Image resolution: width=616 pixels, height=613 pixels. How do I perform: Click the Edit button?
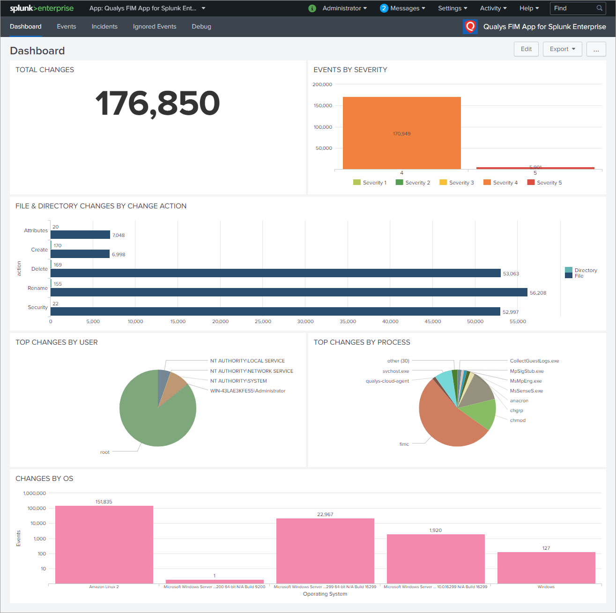tap(526, 49)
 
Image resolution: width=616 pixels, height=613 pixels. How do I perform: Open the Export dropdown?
tap(562, 49)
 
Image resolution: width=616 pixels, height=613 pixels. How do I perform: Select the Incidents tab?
tap(104, 27)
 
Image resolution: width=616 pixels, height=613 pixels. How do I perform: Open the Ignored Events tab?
tap(155, 27)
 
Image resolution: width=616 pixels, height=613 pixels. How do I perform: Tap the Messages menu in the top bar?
tap(403, 8)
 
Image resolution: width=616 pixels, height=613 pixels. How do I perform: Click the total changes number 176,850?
tap(157, 103)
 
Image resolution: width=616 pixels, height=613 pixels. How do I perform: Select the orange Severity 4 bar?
tap(401, 133)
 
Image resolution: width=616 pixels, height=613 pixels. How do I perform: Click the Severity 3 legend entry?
tap(457, 183)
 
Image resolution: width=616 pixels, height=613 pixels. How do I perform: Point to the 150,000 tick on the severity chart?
tap(323, 106)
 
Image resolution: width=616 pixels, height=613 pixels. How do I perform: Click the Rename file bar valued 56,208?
tap(289, 292)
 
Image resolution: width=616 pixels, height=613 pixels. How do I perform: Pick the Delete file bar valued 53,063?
tap(275, 273)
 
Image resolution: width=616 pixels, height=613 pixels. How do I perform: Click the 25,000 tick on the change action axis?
tap(263, 322)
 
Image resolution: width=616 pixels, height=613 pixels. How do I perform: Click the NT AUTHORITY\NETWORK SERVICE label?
tap(252, 371)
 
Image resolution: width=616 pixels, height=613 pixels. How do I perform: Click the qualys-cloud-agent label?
tap(387, 381)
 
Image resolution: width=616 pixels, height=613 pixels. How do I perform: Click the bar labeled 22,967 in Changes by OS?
tap(325, 550)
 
